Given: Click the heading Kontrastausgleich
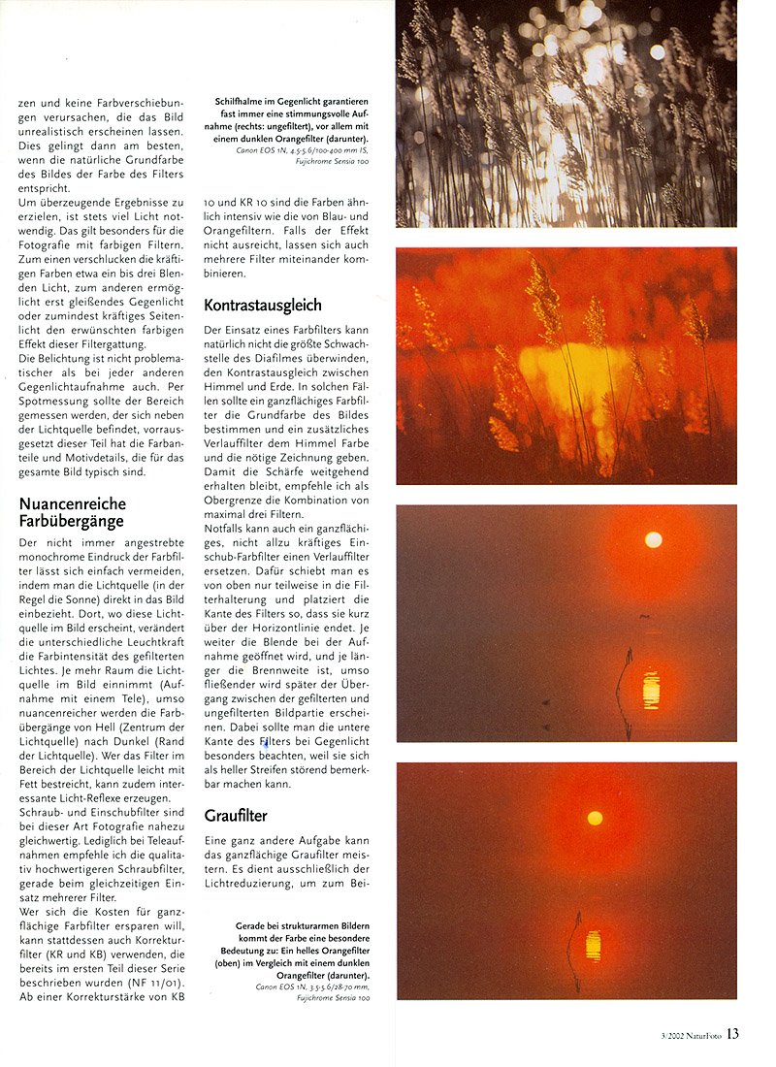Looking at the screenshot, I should click(262, 306).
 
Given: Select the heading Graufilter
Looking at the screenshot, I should click(236, 816).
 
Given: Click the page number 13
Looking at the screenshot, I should click(732, 1034).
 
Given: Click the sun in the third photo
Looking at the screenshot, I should click(653, 539).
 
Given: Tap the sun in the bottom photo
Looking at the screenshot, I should click(595, 818).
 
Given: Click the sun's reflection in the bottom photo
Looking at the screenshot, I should click(593, 945).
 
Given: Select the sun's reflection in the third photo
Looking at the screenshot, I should click(652, 689).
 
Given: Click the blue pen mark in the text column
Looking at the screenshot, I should click(265, 745).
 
